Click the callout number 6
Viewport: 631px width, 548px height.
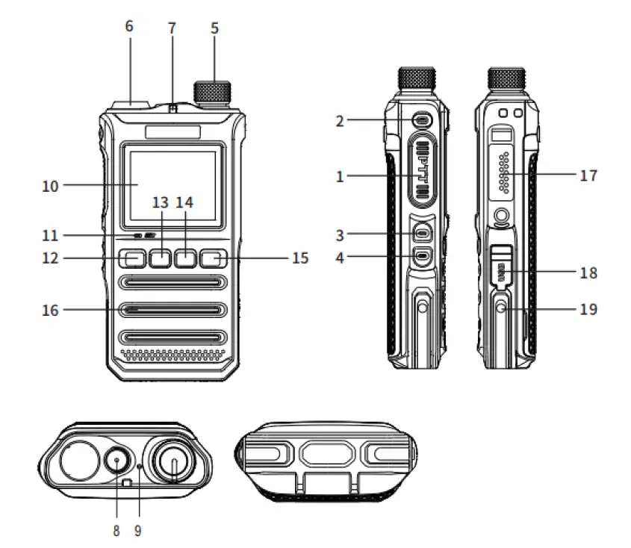pos(129,26)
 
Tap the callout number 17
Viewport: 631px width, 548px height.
pos(588,176)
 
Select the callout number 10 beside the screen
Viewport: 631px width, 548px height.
pos(50,185)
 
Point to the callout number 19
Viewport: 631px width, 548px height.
pos(588,308)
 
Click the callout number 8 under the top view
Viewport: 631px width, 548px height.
pos(116,532)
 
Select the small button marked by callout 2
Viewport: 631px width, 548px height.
pos(423,120)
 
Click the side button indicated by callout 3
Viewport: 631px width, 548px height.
pos(423,234)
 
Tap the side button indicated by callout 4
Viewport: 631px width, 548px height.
pos(423,258)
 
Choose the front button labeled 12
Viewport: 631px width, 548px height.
pos(133,259)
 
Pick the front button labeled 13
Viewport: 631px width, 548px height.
pos(160,259)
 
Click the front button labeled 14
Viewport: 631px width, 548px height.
pos(186,259)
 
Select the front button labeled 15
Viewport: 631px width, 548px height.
pos(213,259)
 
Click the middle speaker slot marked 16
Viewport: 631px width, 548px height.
pos(172,309)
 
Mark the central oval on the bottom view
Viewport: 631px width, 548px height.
pos(323,455)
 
